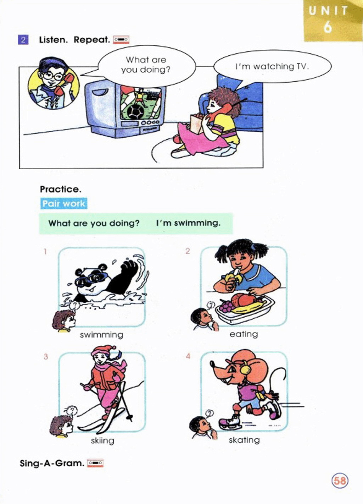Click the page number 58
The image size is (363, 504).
(340, 481)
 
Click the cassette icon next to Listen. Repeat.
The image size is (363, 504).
(121, 40)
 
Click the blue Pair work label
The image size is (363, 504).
(64, 203)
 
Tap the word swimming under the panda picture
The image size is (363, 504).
(102, 335)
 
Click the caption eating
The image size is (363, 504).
(244, 334)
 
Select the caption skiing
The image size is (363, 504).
(102, 440)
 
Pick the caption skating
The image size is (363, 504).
(244, 440)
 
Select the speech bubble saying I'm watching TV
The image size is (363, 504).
(272, 66)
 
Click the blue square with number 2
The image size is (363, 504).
(23, 40)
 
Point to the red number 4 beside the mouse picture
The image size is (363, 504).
(188, 356)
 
